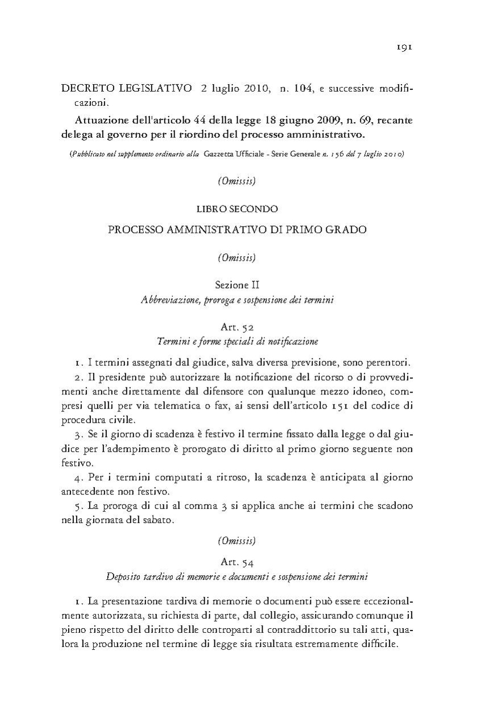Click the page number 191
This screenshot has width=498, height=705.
[x=404, y=47]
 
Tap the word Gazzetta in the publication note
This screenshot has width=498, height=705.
[x=221, y=154]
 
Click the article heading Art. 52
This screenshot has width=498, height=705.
[x=237, y=327]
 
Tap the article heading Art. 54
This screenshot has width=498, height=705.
[x=237, y=563]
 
